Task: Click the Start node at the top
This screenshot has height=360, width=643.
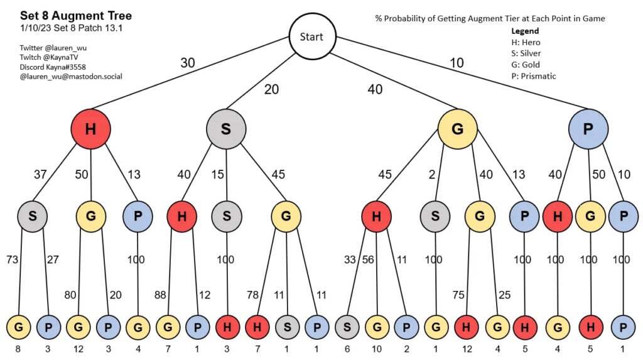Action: click(x=311, y=36)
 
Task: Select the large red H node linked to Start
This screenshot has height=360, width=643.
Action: click(x=90, y=129)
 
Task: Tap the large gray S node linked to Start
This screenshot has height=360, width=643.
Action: click(x=226, y=129)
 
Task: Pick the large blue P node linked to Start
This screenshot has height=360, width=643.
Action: click(x=588, y=129)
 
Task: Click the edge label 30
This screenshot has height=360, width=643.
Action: click(x=187, y=63)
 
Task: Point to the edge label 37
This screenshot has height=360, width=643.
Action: click(x=40, y=175)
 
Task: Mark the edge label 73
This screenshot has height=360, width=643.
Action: click(x=12, y=258)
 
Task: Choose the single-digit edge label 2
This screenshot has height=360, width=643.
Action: click(x=432, y=175)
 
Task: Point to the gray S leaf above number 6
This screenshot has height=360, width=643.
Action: click(x=347, y=327)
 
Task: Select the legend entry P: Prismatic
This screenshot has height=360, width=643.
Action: click(x=534, y=76)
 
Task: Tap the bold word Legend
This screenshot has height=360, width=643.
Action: click(x=525, y=31)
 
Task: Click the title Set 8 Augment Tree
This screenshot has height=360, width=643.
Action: click(x=76, y=16)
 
